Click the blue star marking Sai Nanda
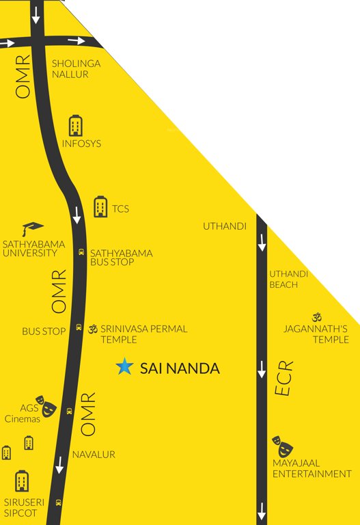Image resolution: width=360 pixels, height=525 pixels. click(124, 367)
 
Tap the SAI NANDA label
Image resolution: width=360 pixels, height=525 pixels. click(180, 368)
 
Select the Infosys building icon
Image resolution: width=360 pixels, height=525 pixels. click(76, 125)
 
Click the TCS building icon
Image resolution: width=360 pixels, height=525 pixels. click(100, 206)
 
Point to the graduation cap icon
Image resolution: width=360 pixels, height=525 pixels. click(32, 228)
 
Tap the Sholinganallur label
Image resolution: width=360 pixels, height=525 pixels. click(76, 68)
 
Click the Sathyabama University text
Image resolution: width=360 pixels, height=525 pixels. click(30, 247)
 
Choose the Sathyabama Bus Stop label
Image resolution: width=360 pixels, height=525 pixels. click(121, 258)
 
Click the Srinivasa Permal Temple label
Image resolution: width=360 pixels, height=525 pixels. click(143, 334)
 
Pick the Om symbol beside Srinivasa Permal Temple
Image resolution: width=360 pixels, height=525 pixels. click(93, 329)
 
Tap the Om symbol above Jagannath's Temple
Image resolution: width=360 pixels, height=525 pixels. click(316, 317)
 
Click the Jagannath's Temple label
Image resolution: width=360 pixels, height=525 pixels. click(316, 334)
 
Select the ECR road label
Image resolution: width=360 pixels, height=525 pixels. click(284, 379)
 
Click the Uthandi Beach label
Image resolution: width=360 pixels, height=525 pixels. click(288, 279)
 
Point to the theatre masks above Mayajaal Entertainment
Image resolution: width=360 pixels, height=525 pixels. click(283, 446)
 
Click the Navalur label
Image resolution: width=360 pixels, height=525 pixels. click(94, 454)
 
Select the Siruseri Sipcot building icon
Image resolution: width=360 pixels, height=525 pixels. click(22, 480)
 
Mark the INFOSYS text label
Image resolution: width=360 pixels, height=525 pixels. click(81, 144)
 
